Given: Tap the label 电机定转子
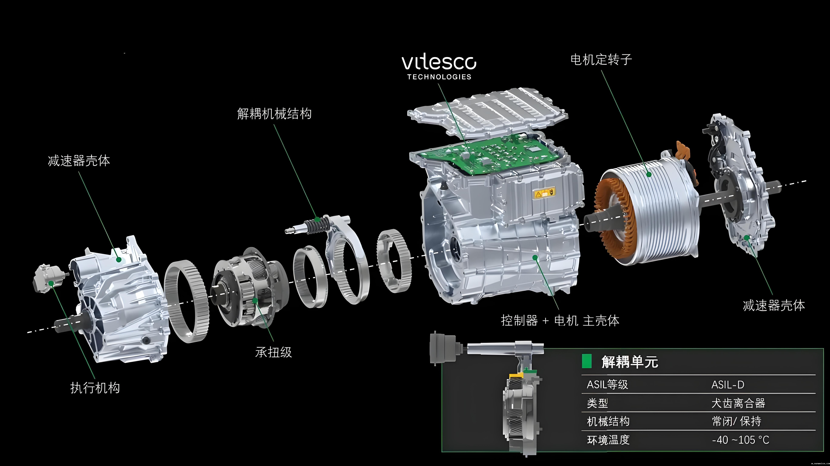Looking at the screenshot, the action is click(601, 59).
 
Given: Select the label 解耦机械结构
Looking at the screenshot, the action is click(274, 113).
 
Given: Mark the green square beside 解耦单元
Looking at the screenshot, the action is click(587, 361).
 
